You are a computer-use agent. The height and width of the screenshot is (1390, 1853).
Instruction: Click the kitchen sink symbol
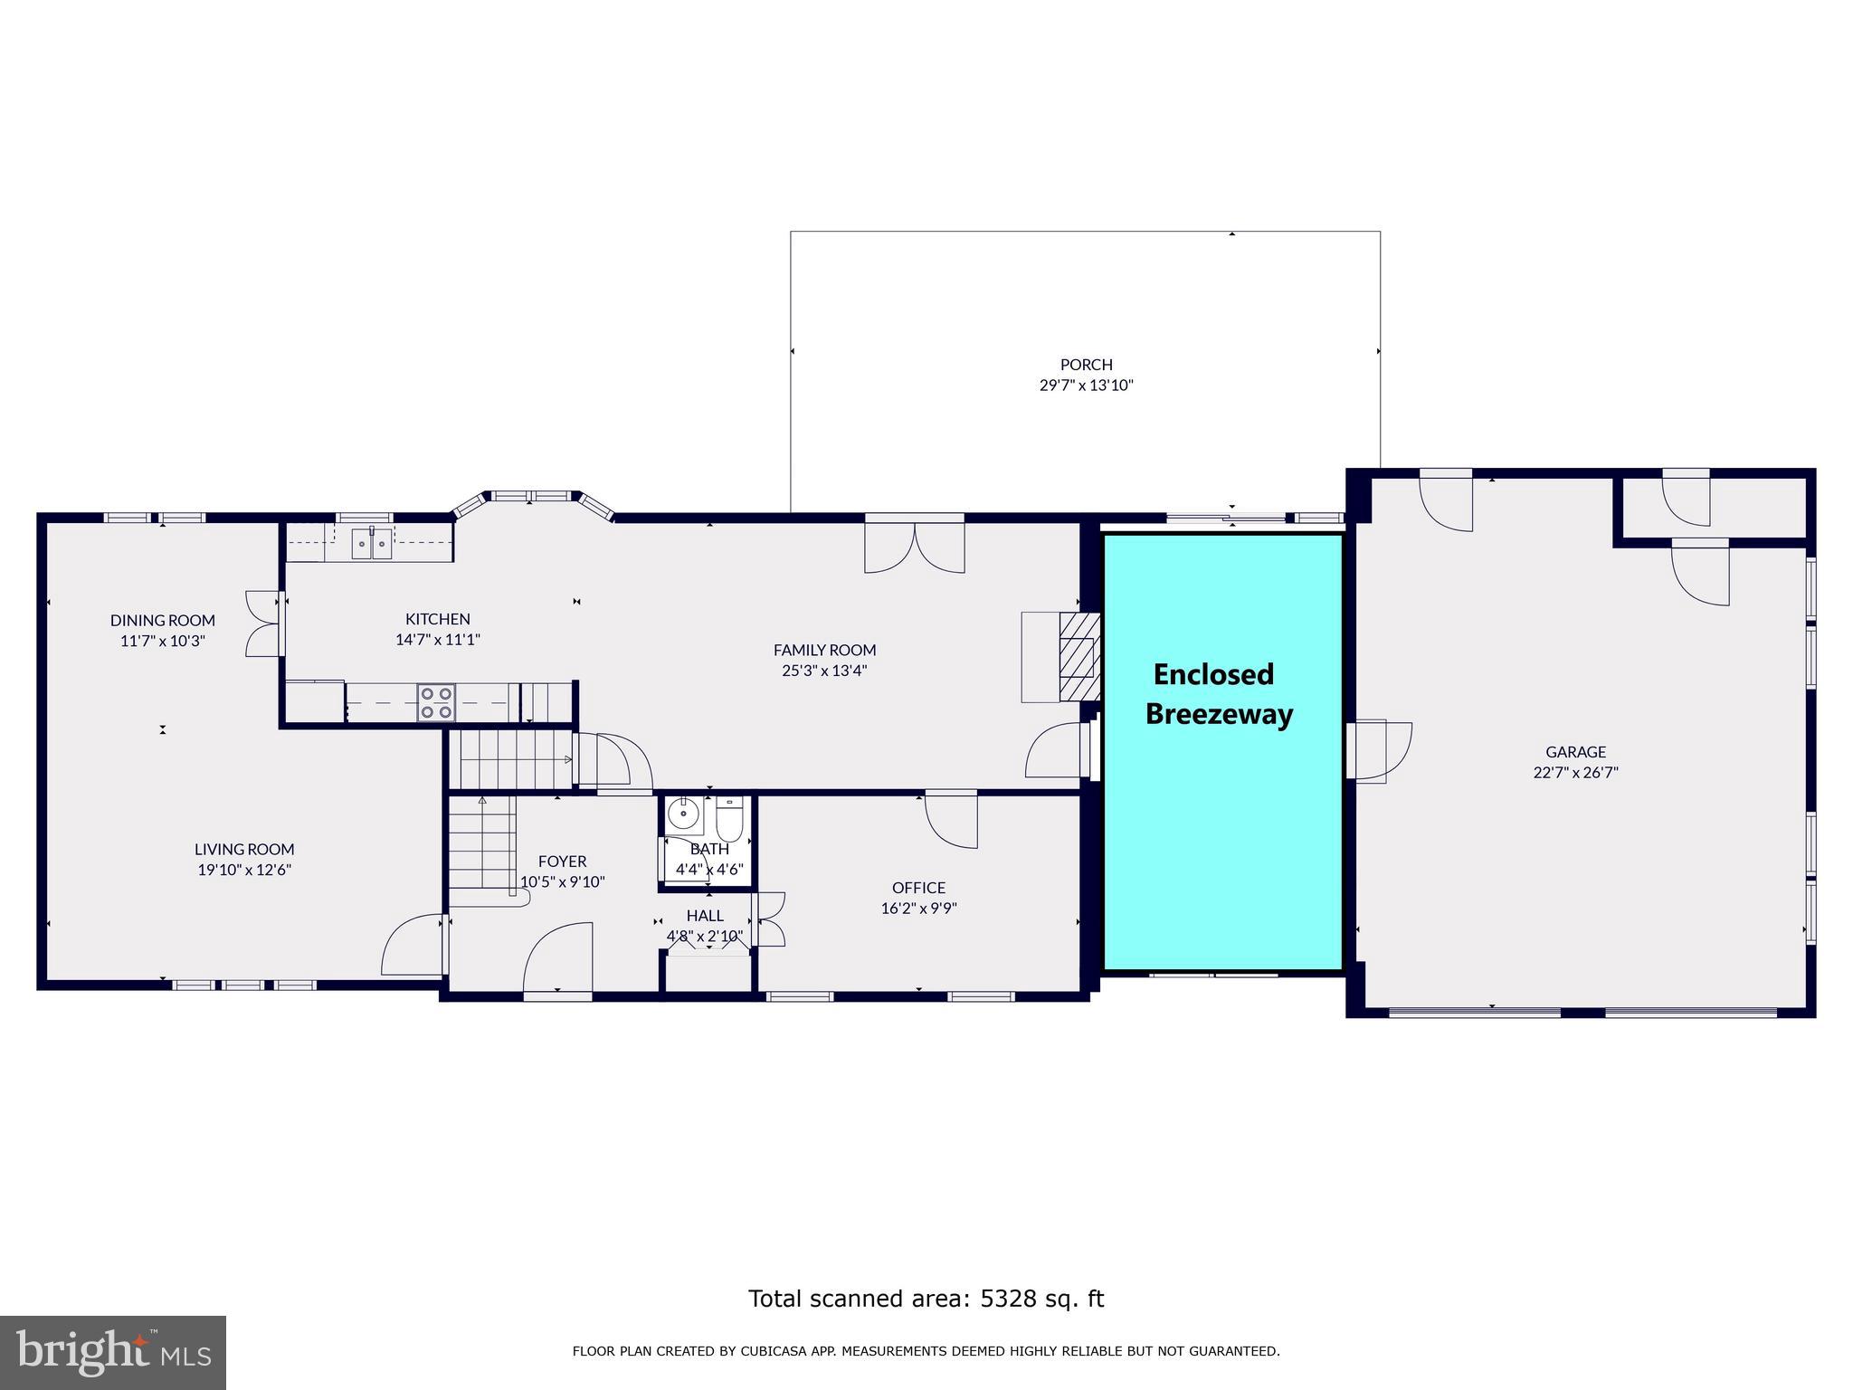click(x=372, y=543)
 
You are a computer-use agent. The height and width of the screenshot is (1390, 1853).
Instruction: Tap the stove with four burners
click(x=436, y=703)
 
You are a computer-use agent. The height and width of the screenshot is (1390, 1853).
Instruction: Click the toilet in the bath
click(x=729, y=820)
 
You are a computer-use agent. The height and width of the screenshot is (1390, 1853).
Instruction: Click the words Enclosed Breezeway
click(x=1218, y=694)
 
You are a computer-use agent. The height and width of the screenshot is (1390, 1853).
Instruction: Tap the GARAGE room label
click(x=1575, y=751)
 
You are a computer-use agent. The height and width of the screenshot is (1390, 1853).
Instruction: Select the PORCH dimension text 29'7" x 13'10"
click(x=1086, y=386)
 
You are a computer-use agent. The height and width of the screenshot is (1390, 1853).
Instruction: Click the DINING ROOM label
click(x=163, y=620)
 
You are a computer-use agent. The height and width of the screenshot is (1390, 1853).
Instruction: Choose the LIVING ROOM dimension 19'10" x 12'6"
click(x=244, y=871)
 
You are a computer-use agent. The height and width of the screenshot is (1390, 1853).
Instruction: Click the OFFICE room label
click(x=918, y=888)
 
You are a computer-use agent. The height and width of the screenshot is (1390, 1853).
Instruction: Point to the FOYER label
click(x=562, y=862)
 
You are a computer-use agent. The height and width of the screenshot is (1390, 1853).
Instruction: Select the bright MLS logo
click(x=113, y=1352)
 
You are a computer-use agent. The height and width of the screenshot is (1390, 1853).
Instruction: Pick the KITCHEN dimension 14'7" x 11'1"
click(x=437, y=640)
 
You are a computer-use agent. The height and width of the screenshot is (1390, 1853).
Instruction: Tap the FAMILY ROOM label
click(x=824, y=650)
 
